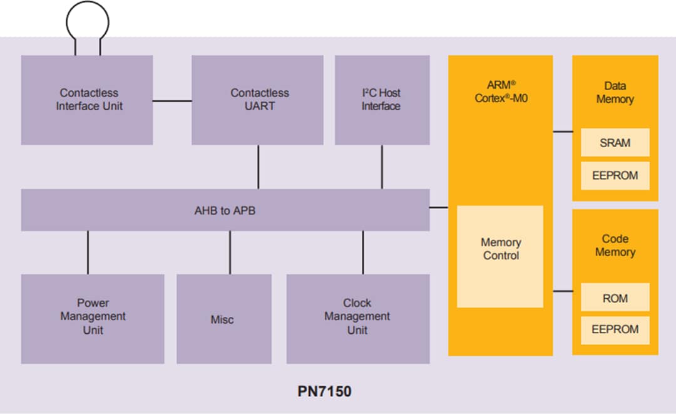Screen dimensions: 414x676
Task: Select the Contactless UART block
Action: tap(258, 100)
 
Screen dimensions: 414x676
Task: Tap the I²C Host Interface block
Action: tap(381, 100)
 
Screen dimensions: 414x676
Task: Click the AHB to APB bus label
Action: tap(225, 210)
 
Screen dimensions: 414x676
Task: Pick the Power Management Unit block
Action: tap(93, 317)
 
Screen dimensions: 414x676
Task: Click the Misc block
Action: tap(223, 319)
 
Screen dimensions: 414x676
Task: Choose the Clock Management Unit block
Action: tap(357, 317)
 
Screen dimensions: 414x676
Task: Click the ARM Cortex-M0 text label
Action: tap(500, 91)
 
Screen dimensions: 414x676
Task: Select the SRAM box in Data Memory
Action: tap(615, 143)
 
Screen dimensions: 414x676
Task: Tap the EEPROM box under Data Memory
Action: tap(615, 176)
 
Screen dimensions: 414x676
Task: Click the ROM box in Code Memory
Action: tap(615, 298)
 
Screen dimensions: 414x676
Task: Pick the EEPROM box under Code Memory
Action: tap(615, 329)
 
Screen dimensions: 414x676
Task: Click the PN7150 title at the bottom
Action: tap(324, 392)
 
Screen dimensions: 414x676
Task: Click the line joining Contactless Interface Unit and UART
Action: tap(172, 100)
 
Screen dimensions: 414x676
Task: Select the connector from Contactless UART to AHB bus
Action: tap(258, 167)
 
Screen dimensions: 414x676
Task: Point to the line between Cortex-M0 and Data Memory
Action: tap(563, 132)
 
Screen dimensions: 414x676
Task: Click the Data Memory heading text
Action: tap(615, 93)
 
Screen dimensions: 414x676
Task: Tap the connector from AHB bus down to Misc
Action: tap(230, 252)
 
